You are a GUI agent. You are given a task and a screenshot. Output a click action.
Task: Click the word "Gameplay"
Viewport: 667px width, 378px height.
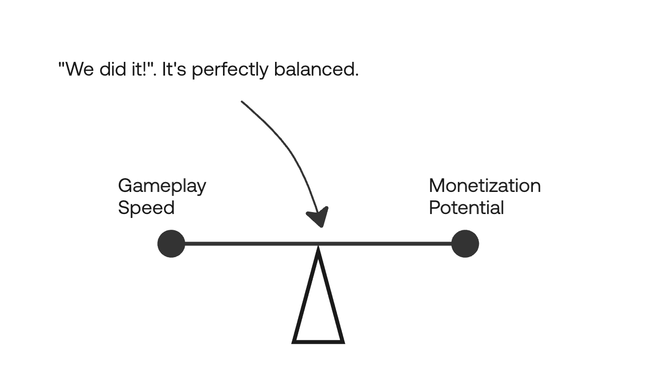click(162, 187)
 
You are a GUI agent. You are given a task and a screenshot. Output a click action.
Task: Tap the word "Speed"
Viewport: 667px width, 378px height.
click(146, 208)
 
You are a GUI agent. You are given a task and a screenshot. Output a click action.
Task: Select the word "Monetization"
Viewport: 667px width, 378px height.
click(485, 186)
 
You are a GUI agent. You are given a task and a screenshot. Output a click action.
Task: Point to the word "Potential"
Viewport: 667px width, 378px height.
click(466, 208)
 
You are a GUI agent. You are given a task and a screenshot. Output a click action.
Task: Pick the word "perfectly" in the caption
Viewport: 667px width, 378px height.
click(230, 70)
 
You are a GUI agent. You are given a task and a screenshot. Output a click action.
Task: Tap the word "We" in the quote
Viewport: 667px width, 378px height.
click(80, 69)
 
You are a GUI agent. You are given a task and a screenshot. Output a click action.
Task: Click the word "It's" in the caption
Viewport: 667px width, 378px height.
click(174, 69)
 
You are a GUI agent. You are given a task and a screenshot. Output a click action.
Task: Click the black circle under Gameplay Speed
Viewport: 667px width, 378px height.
click(171, 244)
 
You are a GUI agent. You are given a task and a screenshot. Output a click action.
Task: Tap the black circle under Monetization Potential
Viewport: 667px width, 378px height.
click(465, 244)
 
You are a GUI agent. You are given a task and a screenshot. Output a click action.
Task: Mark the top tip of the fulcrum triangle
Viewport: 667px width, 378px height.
click(318, 246)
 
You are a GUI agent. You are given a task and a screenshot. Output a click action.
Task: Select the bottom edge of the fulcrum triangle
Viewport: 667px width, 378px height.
click(318, 342)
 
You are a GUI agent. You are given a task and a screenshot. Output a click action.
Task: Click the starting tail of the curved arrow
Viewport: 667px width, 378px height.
click(242, 102)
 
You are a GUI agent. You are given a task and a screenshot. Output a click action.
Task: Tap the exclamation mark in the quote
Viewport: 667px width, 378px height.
click(145, 69)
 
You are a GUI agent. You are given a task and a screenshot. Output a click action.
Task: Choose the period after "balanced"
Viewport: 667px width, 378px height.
click(357, 75)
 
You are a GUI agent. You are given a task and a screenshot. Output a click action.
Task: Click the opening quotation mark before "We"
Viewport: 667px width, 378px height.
click(61, 65)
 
